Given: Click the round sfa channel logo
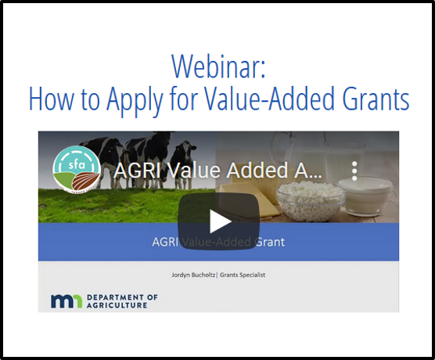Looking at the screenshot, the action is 77,170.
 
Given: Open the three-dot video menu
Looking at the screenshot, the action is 354,171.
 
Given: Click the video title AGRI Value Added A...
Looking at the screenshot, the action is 218,170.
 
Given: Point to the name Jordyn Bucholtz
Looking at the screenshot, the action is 193,275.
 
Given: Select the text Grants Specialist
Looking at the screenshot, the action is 243,275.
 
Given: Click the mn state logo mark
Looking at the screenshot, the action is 67,301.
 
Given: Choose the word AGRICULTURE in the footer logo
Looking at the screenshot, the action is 117,305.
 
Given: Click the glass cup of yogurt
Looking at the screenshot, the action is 365,196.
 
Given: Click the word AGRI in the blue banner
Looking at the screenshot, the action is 165,242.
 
